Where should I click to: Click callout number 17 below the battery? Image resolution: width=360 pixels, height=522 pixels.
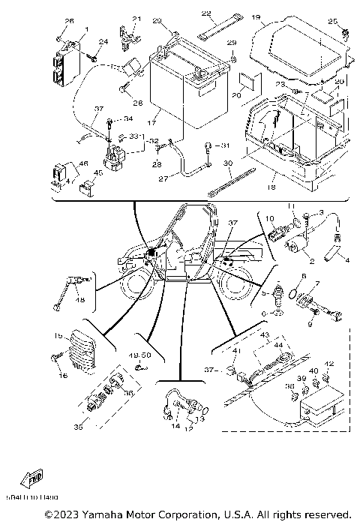pos(152,121)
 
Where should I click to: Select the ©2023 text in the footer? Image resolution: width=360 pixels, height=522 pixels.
pos(60,514)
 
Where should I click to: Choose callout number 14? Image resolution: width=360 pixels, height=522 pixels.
pos(175,426)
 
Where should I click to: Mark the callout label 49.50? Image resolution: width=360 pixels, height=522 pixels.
pos(141,354)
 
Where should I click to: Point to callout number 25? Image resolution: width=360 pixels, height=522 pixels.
pos(334,22)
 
